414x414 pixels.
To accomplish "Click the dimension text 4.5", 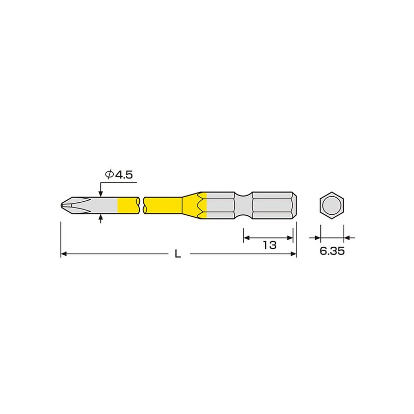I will (125, 175).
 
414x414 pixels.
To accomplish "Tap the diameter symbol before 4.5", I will (109, 175).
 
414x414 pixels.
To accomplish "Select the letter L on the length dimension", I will (178, 254).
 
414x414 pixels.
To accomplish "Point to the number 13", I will (269, 245).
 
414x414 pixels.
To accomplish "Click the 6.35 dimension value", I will (332, 251).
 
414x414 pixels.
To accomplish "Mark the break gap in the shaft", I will (142, 204).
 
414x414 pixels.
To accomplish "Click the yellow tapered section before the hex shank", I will (199, 204).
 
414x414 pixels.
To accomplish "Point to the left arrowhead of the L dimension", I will (65, 254).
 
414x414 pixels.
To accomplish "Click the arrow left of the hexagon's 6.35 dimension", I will (316, 238).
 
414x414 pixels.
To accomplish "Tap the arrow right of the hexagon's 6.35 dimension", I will (348, 238).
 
